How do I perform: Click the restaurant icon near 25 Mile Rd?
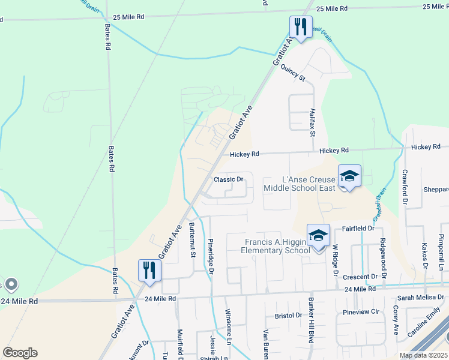299,26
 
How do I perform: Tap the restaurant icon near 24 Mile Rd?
149,270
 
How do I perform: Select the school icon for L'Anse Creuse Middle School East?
349,176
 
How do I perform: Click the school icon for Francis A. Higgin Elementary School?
318,235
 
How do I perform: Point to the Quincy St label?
293,72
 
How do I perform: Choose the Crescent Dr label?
360,277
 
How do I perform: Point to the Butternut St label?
193,239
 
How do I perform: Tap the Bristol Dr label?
288,315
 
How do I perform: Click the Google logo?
20,353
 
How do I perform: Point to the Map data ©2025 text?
423,355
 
